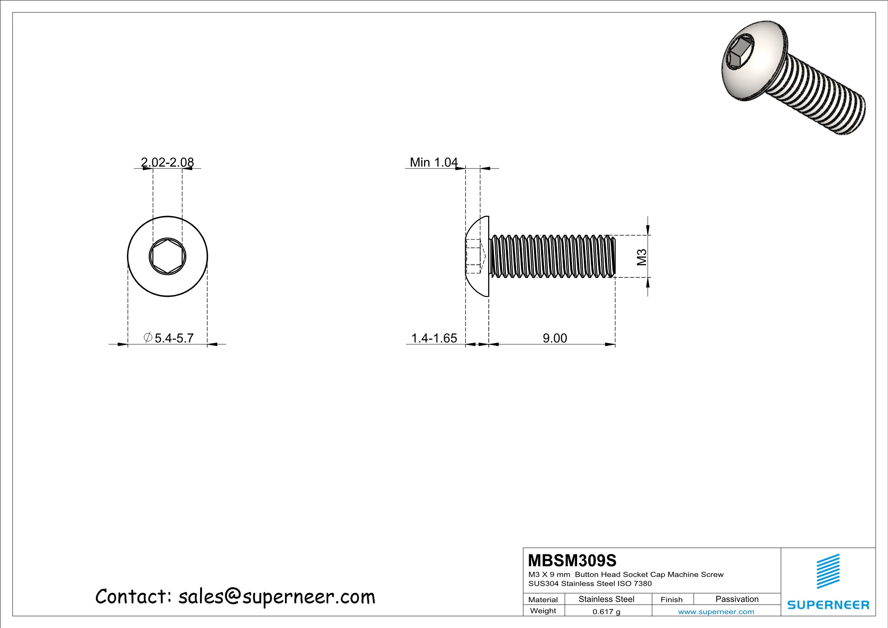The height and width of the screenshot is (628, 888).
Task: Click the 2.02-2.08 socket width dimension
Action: coord(167,162)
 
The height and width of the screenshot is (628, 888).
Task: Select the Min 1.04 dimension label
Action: coord(434,162)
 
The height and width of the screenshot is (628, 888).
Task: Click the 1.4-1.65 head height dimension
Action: coord(434,338)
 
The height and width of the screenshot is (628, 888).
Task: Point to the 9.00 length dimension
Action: coord(555,338)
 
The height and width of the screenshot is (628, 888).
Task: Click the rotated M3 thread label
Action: coord(642,257)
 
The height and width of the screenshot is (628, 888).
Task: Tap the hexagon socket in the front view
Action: coord(167,256)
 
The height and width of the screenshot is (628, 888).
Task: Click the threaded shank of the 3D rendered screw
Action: coord(819,95)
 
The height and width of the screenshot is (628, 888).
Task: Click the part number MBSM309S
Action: coord(572,560)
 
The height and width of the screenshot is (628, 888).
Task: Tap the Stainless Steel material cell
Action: coord(606,599)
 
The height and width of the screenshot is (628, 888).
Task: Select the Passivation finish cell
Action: coord(737,599)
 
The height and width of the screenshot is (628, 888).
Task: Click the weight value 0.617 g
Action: coord(606,611)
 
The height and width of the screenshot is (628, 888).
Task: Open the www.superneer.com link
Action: coord(716,611)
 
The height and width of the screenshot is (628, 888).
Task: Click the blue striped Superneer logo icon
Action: coord(828,571)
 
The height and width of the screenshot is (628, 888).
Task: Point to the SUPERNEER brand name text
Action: coord(828,605)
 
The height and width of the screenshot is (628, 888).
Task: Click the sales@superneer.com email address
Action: coord(276,597)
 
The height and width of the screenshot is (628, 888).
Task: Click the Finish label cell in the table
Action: coord(671,600)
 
